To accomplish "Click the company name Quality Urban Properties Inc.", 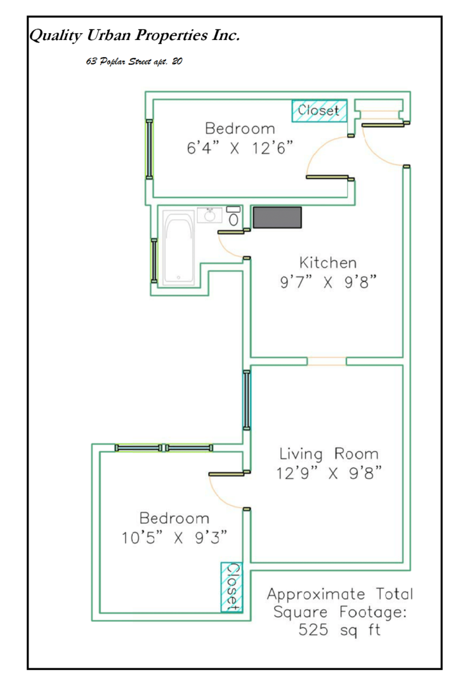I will pos(134,36).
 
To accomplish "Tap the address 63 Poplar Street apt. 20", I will pos(134,63).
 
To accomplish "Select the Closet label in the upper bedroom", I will pos(319,110).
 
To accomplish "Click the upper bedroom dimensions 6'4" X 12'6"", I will pos(240,148).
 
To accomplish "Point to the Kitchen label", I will pos(327,262).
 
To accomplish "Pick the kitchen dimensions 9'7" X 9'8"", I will pos(327,283).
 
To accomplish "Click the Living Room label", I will pos(329,454).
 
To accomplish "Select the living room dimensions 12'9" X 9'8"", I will pos(329,474).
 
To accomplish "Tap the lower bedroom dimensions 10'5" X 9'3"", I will pos(174,538).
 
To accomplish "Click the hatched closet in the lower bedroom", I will pos(232,587).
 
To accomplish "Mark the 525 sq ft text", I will pos(339,632).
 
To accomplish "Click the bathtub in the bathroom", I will pos(180,248).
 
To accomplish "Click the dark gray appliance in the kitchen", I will pos(277,217).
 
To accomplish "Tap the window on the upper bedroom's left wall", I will pos(149,149).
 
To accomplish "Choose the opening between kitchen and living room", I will pos(327,361).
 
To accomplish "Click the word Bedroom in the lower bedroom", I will pos(174,518).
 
